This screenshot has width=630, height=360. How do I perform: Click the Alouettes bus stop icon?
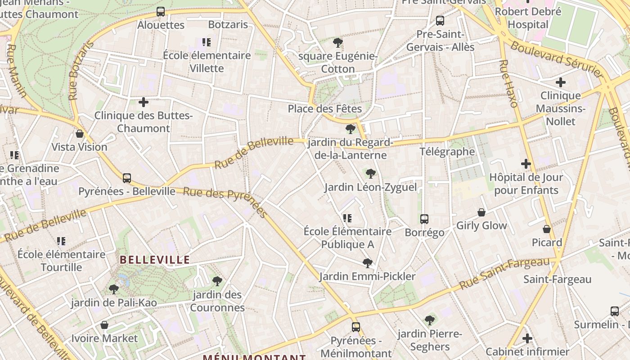coord(161,12)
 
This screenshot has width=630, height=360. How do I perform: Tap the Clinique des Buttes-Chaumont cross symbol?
coord(144,102)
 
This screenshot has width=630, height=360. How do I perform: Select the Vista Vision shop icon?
coord(80,134)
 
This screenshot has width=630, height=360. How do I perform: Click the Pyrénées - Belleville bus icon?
coord(127,178)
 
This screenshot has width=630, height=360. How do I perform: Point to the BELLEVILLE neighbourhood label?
coord(155,260)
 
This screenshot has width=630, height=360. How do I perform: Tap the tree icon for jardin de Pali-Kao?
coord(114,289)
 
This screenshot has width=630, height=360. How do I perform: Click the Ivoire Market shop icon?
coord(104,325)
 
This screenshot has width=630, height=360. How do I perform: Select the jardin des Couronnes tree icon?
coord(217,281)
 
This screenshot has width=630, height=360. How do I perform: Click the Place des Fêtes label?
coord(324,109)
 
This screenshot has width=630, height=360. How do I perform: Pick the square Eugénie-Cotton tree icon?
coord(338,43)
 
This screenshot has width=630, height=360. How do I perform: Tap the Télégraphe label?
coord(447,152)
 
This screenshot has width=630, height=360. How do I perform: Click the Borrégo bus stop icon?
coord(424,219)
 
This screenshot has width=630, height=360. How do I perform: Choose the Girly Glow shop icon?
coord(481,212)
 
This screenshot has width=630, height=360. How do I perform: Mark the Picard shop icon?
coord(547,229)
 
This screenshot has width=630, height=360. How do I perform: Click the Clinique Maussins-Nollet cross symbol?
coord(561,82)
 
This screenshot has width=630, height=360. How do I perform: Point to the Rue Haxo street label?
coord(509,84)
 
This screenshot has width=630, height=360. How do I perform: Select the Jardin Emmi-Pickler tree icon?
coord(368,263)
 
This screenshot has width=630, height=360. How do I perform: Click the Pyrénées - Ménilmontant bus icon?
coord(356,327)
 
